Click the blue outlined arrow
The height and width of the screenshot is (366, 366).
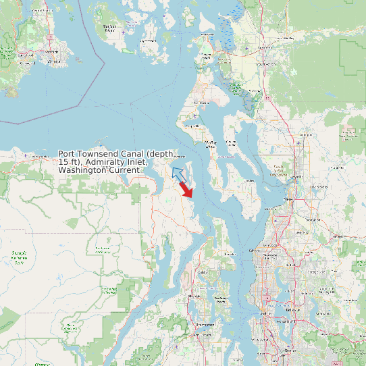[x=178, y=174]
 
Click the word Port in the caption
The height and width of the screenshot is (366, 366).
[x=67, y=154]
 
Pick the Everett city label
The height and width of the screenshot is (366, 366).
[x=289, y=199]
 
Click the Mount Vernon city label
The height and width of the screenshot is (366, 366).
[x=270, y=64]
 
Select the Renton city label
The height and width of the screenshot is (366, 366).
[x=290, y=351]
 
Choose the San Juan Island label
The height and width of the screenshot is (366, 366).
[x=109, y=28]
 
